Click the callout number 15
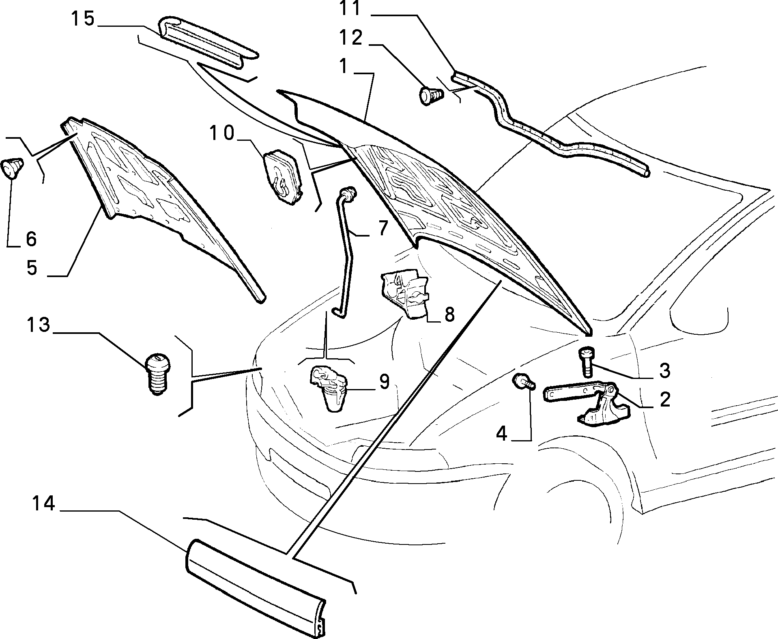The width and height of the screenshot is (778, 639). (x=83, y=19)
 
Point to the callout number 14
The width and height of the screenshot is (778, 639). (x=43, y=504)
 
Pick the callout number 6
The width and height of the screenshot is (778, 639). (x=31, y=239)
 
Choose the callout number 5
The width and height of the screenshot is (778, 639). (x=32, y=268)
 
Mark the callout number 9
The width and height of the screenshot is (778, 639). (x=384, y=382)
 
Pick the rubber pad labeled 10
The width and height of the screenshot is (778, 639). (x=282, y=175)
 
